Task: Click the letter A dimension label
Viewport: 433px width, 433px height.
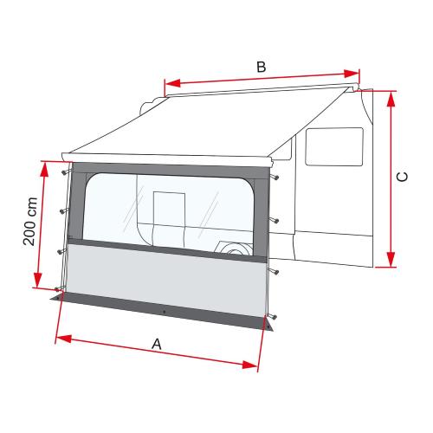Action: (x=157, y=344)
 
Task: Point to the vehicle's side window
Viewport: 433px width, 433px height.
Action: (x=334, y=147)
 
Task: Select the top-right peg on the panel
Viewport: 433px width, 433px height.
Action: (x=275, y=178)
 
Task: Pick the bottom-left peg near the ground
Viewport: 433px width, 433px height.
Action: (x=58, y=289)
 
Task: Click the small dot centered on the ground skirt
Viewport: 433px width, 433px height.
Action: (x=164, y=310)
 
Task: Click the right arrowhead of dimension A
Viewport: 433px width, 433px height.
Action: (x=255, y=368)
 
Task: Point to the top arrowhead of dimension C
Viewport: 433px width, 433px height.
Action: (x=391, y=94)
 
